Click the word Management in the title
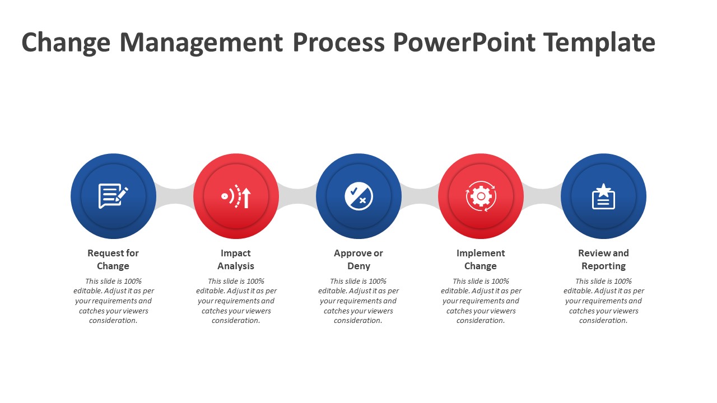[x=201, y=43]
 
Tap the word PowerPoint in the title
[x=464, y=42]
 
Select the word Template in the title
[x=599, y=43]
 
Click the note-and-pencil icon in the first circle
[x=113, y=196]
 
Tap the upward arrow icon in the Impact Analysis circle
[x=246, y=198]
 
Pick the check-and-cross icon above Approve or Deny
[x=359, y=196]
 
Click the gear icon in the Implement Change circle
[x=481, y=196]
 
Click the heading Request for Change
[x=113, y=259]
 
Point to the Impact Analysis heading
[x=236, y=259]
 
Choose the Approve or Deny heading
[x=358, y=259]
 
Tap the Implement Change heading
[x=481, y=259]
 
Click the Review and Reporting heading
[x=604, y=259]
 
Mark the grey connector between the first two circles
[x=175, y=196]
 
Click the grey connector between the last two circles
[x=542, y=196]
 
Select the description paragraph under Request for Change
[x=114, y=301]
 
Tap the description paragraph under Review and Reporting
[x=604, y=301]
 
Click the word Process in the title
[x=339, y=42]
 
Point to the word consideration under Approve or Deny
[x=358, y=321]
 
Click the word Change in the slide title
[x=66, y=43]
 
